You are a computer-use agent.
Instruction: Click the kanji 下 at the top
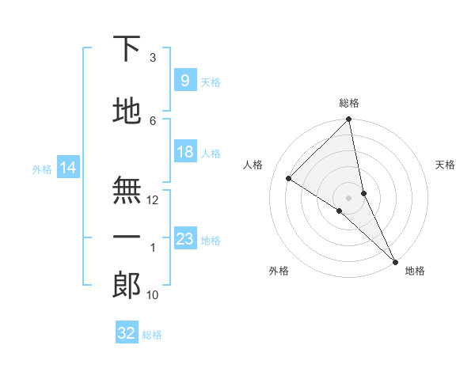[x=127, y=49]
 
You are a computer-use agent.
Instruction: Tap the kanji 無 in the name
[x=127, y=190]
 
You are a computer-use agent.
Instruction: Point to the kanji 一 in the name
[x=127, y=237]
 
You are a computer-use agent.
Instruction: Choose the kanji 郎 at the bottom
[x=127, y=285]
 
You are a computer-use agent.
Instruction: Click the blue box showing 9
[x=184, y=80]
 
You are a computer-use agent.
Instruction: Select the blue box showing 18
[x=184, y=153]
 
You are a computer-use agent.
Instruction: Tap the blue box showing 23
[x=184, y=239]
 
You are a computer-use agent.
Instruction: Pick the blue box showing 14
[x=68, y=168]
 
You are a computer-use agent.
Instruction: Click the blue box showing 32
[x=127, y=333]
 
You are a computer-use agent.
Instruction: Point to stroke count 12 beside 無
[x=153, y=200]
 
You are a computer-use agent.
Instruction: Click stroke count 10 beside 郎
[x=153, y=295]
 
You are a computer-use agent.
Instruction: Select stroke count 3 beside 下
[x=153, y=58]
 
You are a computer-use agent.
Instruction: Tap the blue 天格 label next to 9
[x=211, y=82]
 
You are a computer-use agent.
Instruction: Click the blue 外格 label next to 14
[x=42, y=169]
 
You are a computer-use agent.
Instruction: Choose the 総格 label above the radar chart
[x=349, y=103]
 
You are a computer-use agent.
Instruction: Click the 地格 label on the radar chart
[x=415, y=271]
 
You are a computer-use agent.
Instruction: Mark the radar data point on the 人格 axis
[x=288, y=179]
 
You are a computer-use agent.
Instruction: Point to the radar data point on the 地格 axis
[x=395, y=260]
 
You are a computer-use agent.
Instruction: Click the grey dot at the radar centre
[x=349, y=196]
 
